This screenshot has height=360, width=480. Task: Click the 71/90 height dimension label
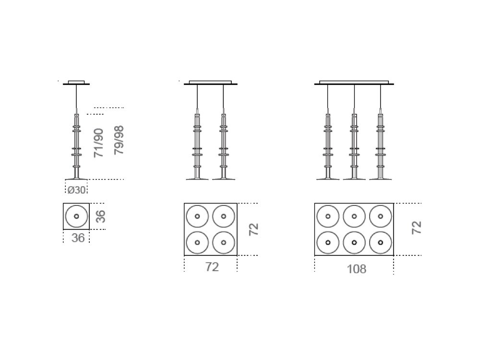point(98,143)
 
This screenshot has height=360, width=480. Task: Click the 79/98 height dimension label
point(119,140)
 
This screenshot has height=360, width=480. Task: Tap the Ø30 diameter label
point(76,190)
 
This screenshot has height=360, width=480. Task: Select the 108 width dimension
point(356,269)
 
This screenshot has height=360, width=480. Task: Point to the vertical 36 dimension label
point(101,216)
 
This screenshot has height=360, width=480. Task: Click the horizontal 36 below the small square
point(78,238)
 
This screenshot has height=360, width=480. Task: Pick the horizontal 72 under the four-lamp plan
point(212,267)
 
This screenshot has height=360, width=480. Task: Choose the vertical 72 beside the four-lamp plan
point(254,229)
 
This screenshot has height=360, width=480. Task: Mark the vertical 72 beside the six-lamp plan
point(417,228)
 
